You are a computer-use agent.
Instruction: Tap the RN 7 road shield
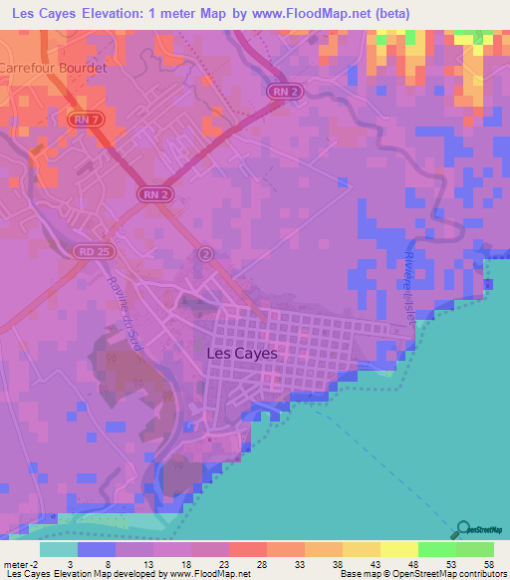click(x=86, y=120)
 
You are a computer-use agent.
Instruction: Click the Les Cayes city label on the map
click(x=240, y=352)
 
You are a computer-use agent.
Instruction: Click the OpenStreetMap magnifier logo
click(x=463, y=530)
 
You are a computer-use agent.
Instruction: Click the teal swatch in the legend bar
click(x=59, y=549)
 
